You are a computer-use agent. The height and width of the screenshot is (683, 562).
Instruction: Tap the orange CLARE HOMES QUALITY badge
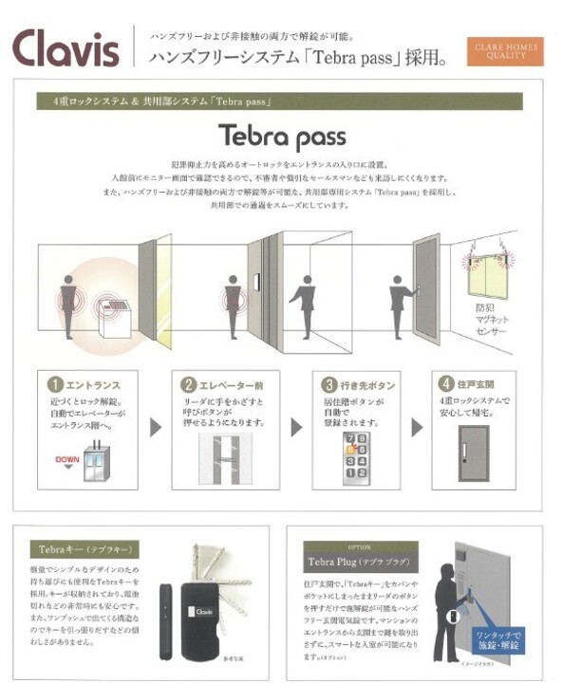point(502,49)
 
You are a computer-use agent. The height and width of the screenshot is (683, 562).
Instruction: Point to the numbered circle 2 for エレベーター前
point(190,385)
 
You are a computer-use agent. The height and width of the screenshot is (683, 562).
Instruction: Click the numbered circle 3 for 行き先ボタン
point(329,385)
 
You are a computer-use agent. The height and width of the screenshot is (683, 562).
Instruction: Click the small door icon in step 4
point(474,446)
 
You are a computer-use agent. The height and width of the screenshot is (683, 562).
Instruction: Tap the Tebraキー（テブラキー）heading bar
point(84,549)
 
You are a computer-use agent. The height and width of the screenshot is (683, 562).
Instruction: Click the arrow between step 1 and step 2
point(156,427)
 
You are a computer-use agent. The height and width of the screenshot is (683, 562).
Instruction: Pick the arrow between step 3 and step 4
point(417,427)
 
